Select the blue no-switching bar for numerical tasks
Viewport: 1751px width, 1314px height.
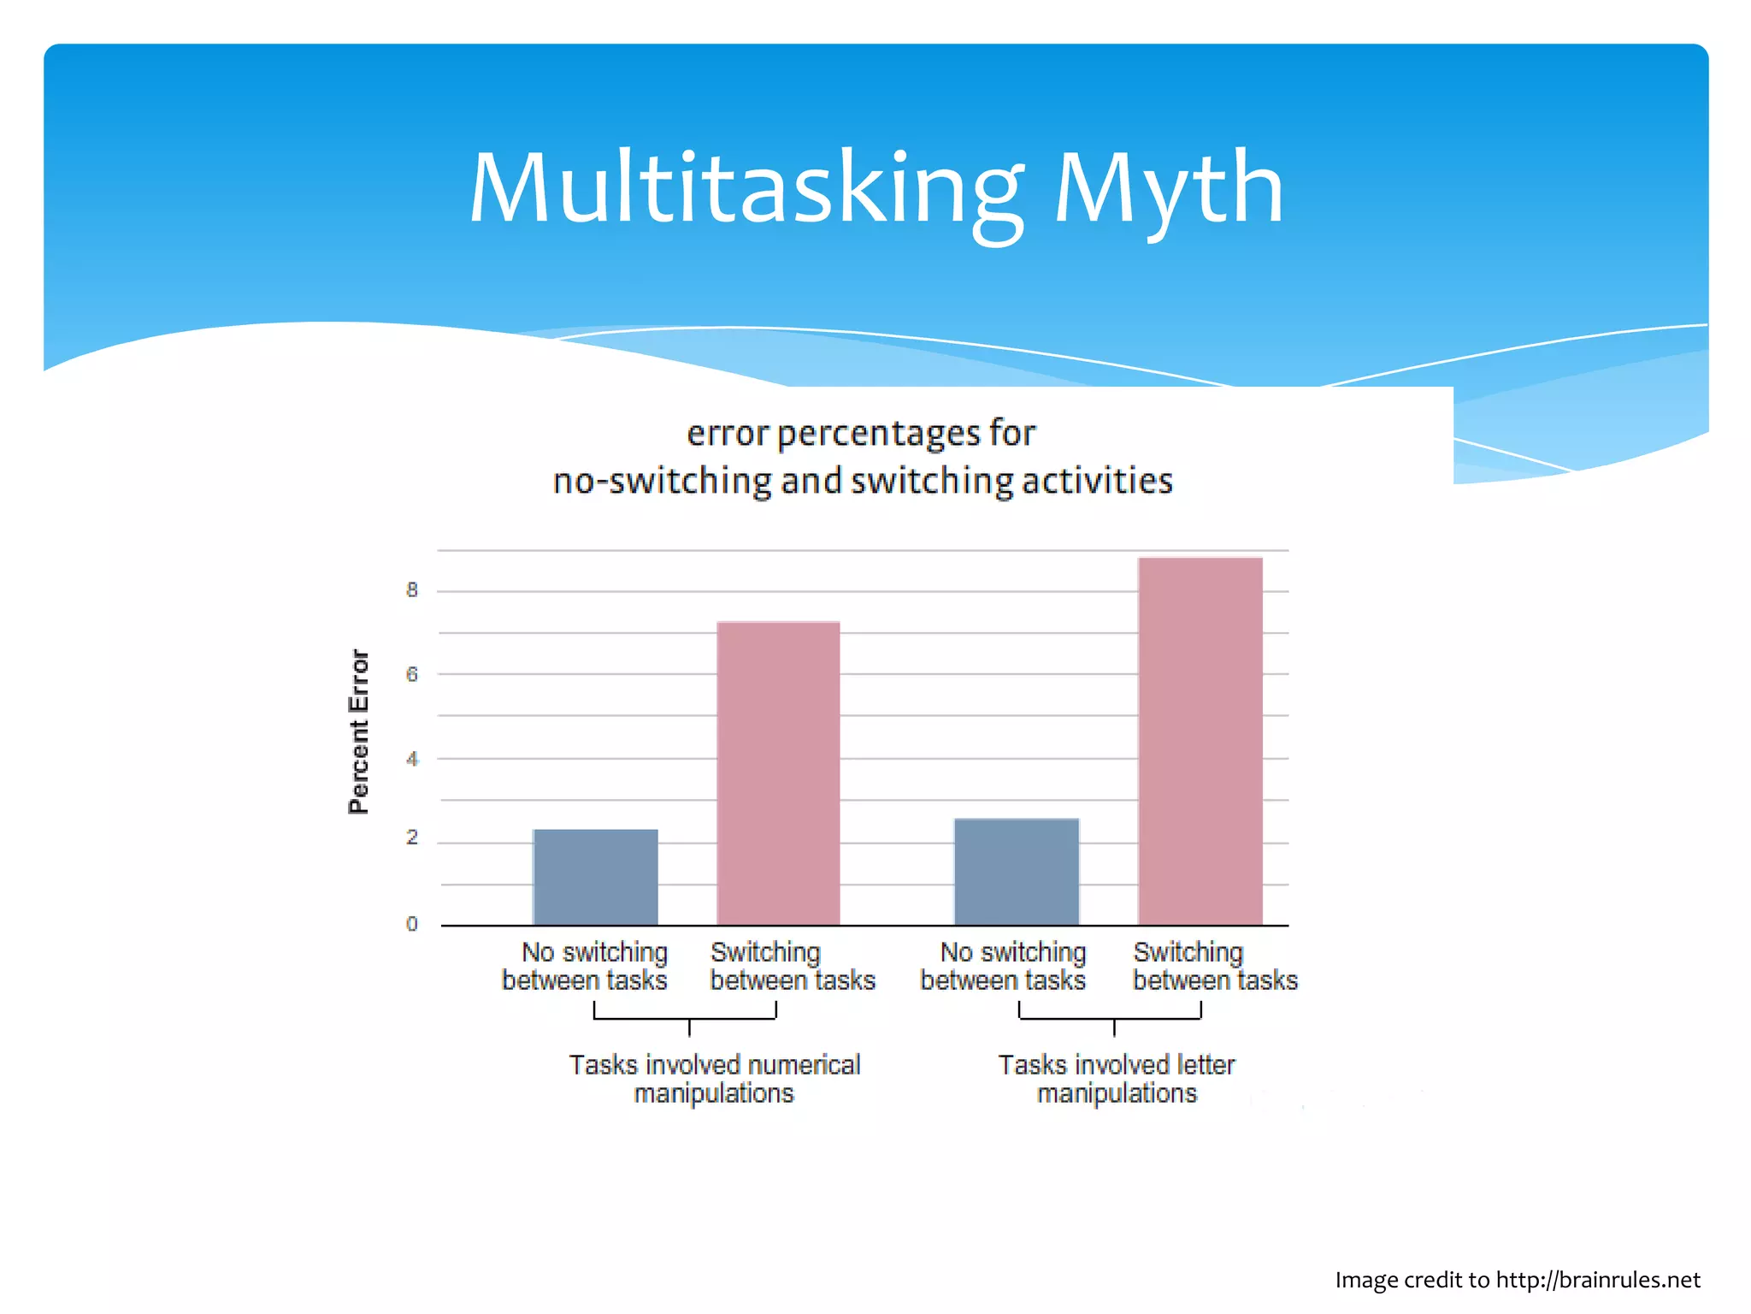pyautogui.click(x=595, y=877)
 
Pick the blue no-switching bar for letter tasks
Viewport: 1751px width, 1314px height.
pyautogui.click(x=1016, y=872)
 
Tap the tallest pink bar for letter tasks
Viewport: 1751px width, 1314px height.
pyautogui.click(x=1200, y=741)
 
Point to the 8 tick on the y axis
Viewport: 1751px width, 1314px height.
pyautogui.click(x=412, y=590)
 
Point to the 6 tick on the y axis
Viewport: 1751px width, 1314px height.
pyautogui.click(x=412, y=674)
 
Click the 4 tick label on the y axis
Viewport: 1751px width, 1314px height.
pyautogui.click(x=412, y=759)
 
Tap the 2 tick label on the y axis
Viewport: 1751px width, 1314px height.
pyautogui.click(x=412, y=838)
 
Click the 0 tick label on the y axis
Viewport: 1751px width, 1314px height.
pyautogui.click(x=412, y=924)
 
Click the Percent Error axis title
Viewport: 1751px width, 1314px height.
pyautogui.click(x=359, y=731)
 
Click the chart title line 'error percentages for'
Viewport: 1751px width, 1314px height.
pyautogui.click(x=861, y=433)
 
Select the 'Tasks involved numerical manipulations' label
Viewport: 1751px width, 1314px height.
pyautogui.click(x=715, y=1079)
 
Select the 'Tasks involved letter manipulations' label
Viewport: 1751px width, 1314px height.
pyautogui.click(x=1117, y=1079)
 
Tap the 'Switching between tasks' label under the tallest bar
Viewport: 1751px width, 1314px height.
pyautogui.click(x=1214, y=966)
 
